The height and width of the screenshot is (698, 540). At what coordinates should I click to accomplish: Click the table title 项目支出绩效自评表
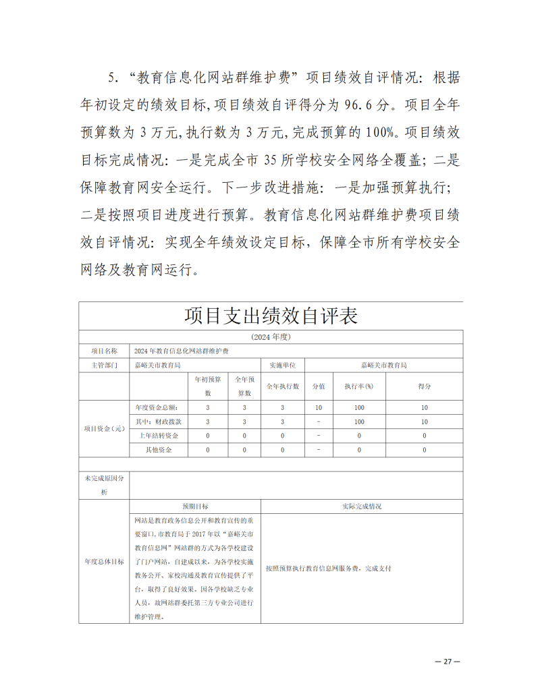tap(271, 316)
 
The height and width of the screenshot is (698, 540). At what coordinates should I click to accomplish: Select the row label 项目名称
tap(104, 351)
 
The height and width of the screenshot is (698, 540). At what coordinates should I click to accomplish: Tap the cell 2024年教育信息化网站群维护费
tap(182, 351)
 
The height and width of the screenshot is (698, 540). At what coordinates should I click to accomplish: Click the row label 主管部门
tap(104, 365)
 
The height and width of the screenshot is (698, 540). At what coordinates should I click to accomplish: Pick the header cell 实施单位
tap(282, 365)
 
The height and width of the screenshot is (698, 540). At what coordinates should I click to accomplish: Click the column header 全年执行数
tap(282, 386)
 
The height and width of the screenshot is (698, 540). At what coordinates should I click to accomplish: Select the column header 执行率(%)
tap(359, 386)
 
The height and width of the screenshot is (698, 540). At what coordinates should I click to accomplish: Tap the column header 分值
tap(319, 386)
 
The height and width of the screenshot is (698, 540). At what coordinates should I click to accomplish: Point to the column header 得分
tap(425, 386)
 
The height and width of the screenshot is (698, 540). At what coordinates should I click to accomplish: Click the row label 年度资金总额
tap(156, 407)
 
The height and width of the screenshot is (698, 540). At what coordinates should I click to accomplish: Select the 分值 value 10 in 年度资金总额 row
tap(319, 407)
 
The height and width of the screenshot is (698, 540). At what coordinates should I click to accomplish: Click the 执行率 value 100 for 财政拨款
tap(359, 421)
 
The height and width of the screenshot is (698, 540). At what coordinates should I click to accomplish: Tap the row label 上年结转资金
tap(159, 436)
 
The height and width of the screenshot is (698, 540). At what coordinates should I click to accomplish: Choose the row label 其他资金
tap(159, 450)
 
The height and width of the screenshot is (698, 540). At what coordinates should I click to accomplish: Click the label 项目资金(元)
tap(104, 428)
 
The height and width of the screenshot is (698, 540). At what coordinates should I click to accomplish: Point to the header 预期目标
tap(195, 506)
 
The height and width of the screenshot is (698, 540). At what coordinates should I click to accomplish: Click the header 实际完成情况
tap(362, 506)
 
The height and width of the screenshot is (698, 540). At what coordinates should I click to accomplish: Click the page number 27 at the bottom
tap(447, 662)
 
